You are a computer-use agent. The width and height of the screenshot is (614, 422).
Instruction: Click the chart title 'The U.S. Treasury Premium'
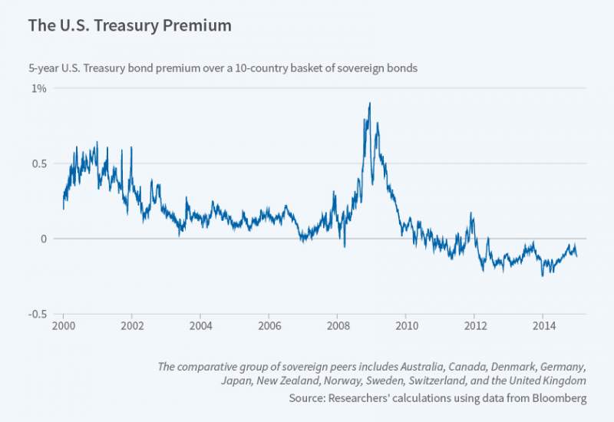click(130, 25)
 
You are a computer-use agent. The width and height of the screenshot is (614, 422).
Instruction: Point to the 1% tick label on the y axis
click(38, 88)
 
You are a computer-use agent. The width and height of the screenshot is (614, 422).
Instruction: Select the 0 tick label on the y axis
click(43, 239)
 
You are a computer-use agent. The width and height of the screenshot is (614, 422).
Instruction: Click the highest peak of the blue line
click(370, 103)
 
